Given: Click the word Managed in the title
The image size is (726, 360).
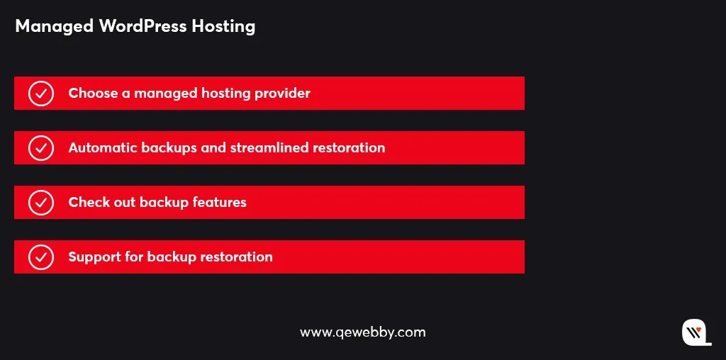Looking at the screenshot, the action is pos(54,27).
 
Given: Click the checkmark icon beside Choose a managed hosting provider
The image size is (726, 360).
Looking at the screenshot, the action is pos(41,94).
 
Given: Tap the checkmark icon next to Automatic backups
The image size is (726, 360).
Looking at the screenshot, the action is pos(41,148).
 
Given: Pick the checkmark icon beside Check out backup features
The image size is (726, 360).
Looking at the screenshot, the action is pos(41,203).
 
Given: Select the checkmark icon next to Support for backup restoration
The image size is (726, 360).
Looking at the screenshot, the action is pos(41,257).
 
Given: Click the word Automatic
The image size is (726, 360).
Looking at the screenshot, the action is pos(103,147).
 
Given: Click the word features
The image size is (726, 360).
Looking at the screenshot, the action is pos(220,202).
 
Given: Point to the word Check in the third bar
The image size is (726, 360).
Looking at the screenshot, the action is pos(86,202).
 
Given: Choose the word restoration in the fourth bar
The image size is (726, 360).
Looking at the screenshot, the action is pos(237,257).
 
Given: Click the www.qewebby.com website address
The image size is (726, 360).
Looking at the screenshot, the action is pos(362,332).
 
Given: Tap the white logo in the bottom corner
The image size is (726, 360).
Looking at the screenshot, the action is pos(696,332).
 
